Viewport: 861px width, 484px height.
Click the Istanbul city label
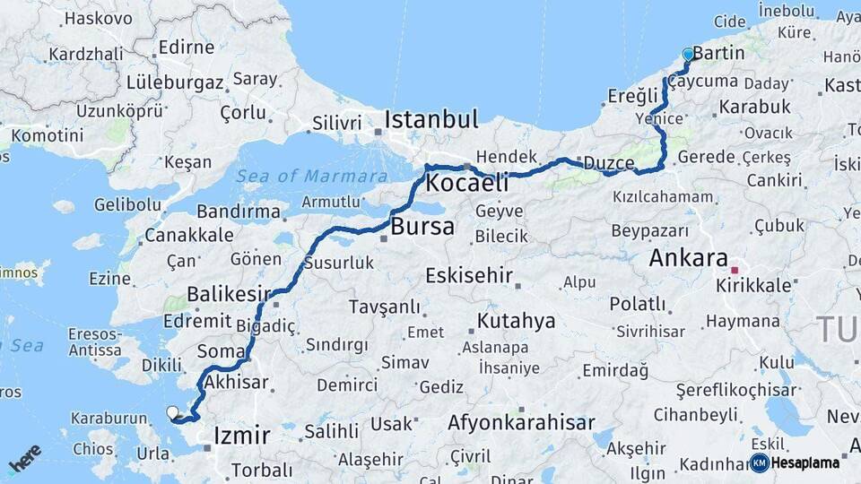pos(431,120)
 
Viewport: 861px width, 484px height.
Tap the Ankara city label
pos(688,259)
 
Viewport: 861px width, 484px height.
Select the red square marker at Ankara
pos(735,269)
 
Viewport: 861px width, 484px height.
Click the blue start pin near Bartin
pos(688,55)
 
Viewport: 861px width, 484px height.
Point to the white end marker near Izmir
pos(172,412)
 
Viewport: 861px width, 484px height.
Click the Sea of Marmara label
pos(312,176)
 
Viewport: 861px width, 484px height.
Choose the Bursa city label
pos(422,227)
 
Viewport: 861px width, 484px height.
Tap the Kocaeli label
pos(466,184)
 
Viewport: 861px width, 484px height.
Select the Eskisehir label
pos(468,275)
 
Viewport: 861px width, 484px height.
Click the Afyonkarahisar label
pos(521,422)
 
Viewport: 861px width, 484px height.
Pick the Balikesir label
pos(229,294)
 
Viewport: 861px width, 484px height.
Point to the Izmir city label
pos(241,436)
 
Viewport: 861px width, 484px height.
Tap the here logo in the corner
pos(24,458)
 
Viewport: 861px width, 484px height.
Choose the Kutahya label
pos(516,321)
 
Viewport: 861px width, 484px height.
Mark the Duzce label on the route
pos(609,163)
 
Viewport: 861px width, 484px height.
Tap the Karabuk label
pos(754,107)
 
